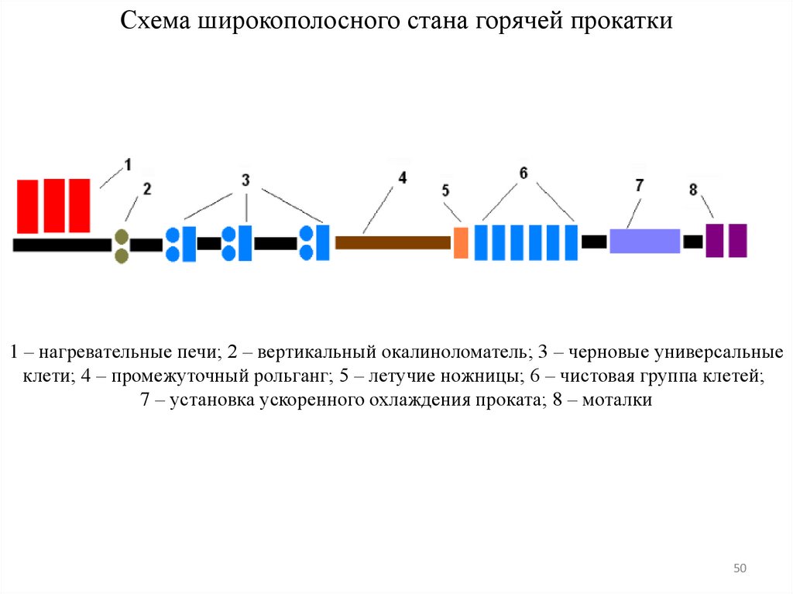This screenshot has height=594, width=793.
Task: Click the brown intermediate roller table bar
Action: click(393, 242)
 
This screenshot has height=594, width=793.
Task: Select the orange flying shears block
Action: click(461, 242)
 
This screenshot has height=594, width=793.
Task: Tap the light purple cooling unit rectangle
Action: click(644, 241)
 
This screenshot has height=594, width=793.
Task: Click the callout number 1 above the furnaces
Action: click(128, 164)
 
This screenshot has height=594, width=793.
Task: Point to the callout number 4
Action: click(402, 178)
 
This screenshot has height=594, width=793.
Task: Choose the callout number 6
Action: click(524, 173)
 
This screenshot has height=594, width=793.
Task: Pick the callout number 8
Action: click(692, 189)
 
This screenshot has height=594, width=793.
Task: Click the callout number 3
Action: click(245, 180)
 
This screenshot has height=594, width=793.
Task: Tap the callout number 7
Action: click(639, 185)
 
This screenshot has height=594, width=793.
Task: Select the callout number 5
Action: click(445, 191)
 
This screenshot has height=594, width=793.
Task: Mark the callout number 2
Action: click(147, 188)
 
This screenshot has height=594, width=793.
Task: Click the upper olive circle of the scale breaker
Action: click(121, 236)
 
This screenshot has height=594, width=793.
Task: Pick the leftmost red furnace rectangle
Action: click(28, 206)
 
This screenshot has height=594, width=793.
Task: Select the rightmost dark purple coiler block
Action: click(738, 240)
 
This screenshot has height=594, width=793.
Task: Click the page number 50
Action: click(740, 569)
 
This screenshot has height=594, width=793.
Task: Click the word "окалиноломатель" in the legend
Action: click(455, 352)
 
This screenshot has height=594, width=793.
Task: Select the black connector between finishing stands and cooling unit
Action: click(594, 242)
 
